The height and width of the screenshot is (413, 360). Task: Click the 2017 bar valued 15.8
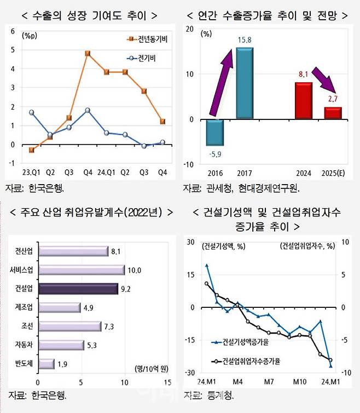245,83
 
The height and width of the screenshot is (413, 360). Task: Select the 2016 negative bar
214,133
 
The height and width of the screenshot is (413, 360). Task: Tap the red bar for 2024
304,101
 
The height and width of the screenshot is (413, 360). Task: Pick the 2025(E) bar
332,113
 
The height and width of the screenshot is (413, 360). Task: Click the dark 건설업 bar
78,289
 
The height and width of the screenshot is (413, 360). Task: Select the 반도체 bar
46,364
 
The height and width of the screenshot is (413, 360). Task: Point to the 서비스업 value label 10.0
135,270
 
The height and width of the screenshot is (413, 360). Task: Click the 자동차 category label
22,345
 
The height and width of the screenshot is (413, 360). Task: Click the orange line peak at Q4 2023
88,54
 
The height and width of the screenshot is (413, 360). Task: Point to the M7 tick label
268,381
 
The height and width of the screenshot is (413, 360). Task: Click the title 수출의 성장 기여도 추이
88,15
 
